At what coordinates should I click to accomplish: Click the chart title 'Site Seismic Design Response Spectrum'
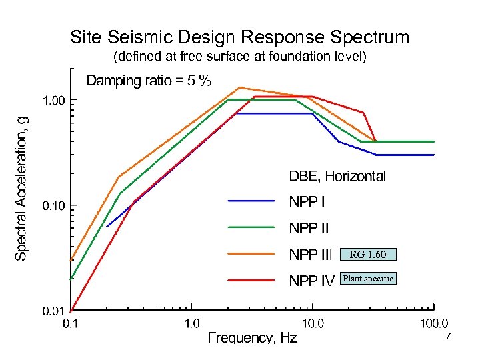pos(240,37)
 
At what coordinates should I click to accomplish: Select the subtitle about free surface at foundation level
pos(240,56)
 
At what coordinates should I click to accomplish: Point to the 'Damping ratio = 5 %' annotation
pos(149,81)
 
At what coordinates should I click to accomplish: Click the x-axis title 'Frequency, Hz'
pos(253,338)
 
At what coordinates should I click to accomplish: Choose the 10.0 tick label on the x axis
pos(313,325)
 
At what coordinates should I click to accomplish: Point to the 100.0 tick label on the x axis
pos(433,325)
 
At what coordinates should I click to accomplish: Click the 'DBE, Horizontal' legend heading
pos(337,177)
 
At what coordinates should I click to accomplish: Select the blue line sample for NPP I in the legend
pos(251,200)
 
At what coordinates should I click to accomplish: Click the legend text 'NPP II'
pos(309,229)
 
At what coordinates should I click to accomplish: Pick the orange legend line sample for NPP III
pos(251,254)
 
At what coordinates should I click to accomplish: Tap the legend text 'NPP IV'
pos(311,281)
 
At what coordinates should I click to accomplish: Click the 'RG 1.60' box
pos(368,254)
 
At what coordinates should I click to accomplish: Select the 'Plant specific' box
pos(368,279)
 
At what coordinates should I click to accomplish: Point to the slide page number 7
pos(449,337)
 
